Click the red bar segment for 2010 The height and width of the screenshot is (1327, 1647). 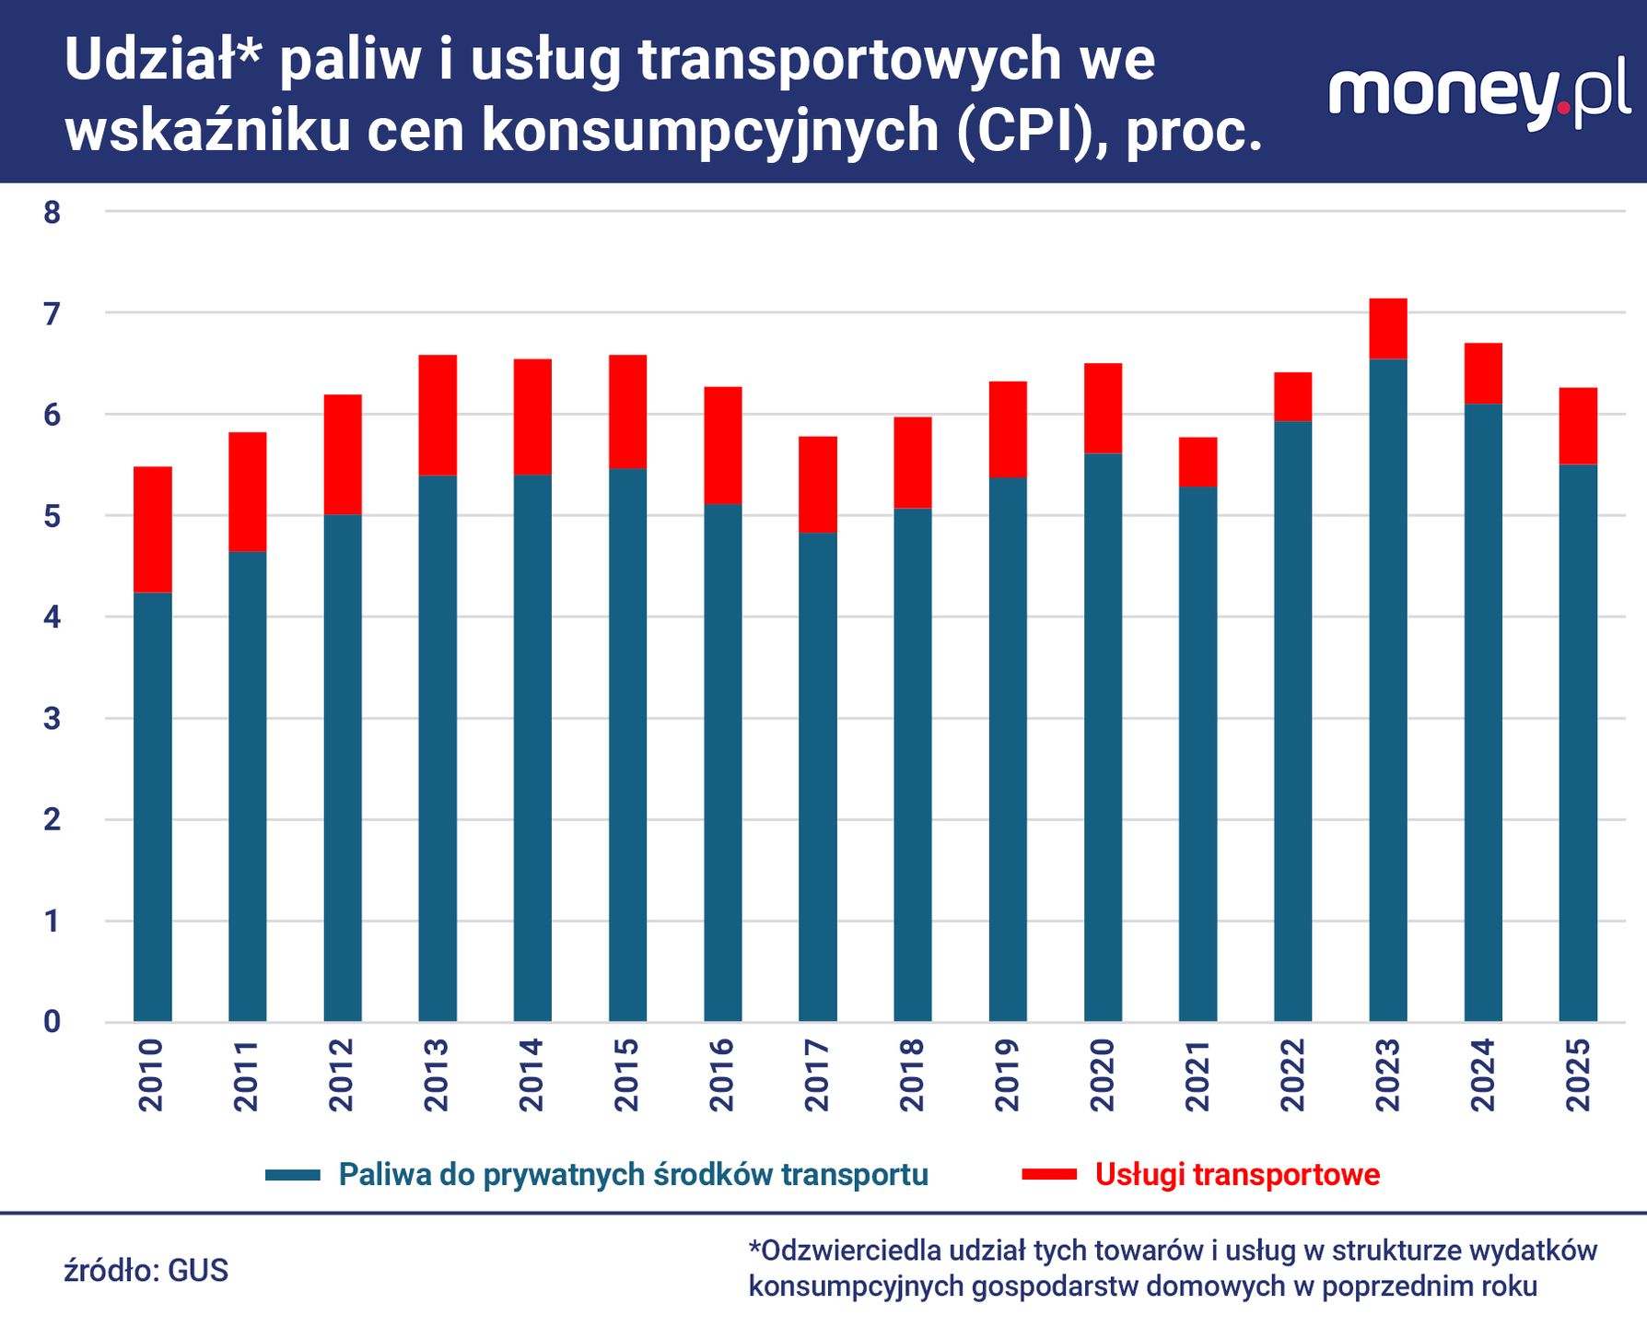pyautogui.click(x=152, y=529)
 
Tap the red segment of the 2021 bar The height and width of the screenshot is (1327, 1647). pyautogui.click(x=1197, y=462)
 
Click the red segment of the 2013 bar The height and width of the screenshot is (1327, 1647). pyautogui.click(x=438, y=415)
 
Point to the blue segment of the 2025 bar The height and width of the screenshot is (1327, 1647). pyautogui.click(x=1577, y=742)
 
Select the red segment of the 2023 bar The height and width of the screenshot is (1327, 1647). pyautogui.click(x=1387, y=328)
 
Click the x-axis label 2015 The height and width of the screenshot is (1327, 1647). pyautogui.click(x=626, y=1075)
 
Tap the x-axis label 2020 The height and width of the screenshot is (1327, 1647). pyautogui.click(x=1102, y=1075)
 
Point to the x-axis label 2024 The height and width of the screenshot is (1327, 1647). pyautogui.click(x=1482, y=1075)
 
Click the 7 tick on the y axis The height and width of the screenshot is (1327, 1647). pyautogui.click(x=52, y=314)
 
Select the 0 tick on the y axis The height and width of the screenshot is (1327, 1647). pyautogui.click(x=52, y=1021)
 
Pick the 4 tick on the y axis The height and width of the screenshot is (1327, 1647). pyautogui.click(x=52, y=617)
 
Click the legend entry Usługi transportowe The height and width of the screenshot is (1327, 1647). pyautogui.click(x=1236, y=1175)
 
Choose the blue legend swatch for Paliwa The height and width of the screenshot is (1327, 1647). pyautogui.click(x=292, y=1175)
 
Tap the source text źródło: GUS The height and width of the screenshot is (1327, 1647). pyautogui.click(x=146, y=1270)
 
